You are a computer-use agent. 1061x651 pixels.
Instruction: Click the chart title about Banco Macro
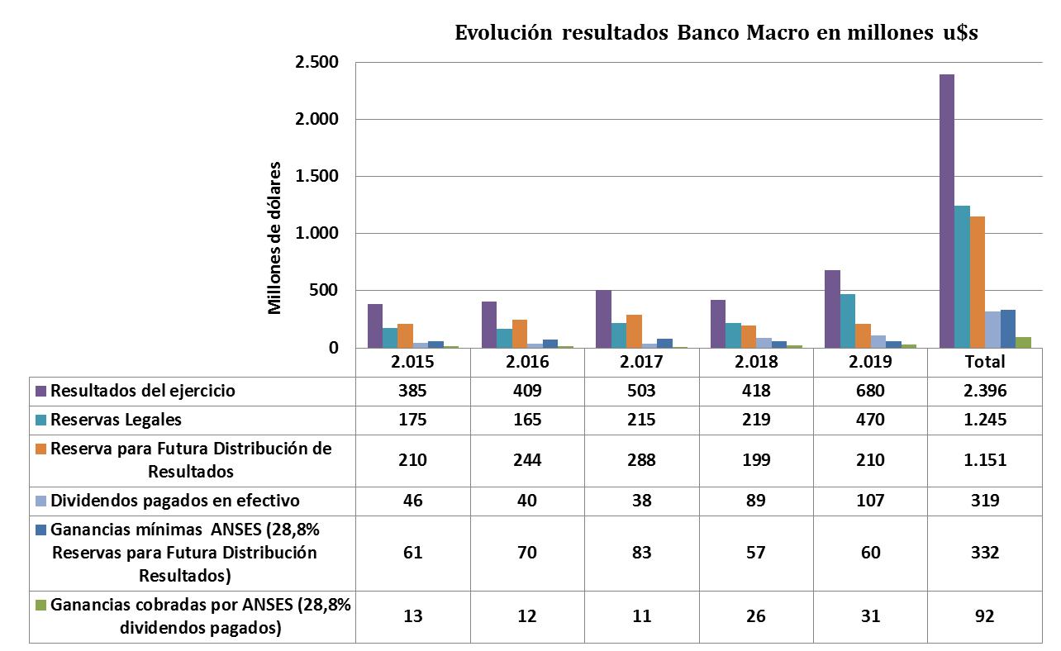(x=716, y=34)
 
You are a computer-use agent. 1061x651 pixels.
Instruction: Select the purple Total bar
(x=947, y=211)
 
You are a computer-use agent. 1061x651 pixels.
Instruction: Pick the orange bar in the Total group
(x=978, y=282)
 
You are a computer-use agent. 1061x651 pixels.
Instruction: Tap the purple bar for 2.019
(x=832, y=309)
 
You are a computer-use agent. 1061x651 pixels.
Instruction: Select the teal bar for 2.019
(x=848, y=321)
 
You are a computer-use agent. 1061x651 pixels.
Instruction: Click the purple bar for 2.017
(x=604, y=319)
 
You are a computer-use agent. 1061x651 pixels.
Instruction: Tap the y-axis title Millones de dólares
(x=275, y=238)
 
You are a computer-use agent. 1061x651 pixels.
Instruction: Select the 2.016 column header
(x=527, y=362)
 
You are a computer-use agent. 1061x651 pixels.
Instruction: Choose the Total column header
(x=984, y=362)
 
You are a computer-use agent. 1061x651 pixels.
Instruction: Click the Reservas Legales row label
(x=116, y=420)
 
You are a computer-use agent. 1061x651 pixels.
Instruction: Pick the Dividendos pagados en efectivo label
(x=174, y=501)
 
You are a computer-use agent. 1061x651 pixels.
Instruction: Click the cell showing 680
(x=870, y=391)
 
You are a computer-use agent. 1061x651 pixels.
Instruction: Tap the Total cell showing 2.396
(x=984, y=391)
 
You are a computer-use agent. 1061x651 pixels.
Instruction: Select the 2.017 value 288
(x=641, y=460)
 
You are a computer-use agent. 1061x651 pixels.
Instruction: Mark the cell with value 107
(x=870, y=501)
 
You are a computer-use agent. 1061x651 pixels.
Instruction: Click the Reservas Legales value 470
(x=870, y=420)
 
